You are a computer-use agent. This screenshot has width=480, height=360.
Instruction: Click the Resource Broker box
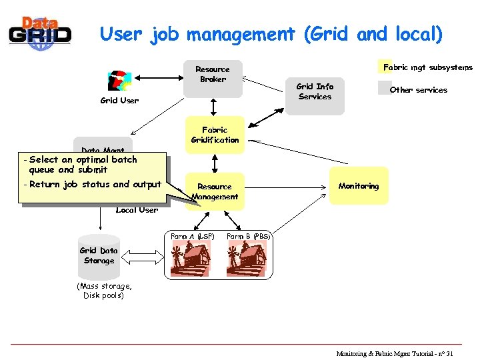213,78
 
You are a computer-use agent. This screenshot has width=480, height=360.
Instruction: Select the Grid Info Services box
315,95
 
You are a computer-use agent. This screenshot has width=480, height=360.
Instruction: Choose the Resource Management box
215,191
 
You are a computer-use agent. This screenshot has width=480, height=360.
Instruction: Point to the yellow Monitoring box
358,186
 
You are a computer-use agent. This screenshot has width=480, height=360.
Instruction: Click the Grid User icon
119,80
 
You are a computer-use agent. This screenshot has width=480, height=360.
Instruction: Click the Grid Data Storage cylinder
99,256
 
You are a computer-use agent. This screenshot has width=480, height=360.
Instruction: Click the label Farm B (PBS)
248,236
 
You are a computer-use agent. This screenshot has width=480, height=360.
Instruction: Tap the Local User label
137,210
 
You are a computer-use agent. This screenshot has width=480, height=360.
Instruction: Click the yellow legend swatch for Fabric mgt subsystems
381,67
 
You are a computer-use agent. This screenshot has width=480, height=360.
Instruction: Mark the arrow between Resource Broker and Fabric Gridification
213,107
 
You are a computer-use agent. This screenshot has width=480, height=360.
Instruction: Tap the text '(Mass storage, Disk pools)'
103,291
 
